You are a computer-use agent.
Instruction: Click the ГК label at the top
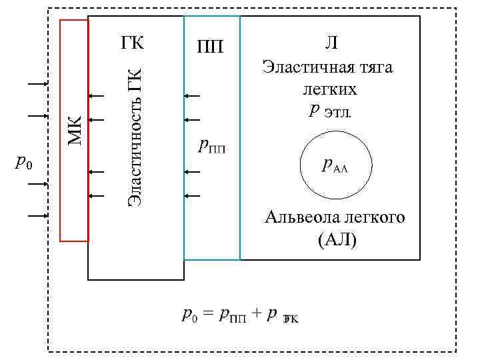[133, 43]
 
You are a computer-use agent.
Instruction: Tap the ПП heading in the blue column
[211, 47]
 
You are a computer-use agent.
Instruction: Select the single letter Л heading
[331, 43]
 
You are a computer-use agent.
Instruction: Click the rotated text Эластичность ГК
[135, 136]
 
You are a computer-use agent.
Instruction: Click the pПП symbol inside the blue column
[213, 145]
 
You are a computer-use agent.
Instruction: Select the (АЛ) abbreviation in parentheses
[337, 239]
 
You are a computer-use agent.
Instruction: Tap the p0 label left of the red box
[25, 162]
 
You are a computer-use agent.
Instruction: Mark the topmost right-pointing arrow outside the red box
[37, 84]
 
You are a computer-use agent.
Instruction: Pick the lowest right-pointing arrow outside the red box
[37, 216]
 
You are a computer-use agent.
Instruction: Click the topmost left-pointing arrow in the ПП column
[191, 96]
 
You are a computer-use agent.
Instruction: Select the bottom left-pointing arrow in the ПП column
[191, 196]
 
